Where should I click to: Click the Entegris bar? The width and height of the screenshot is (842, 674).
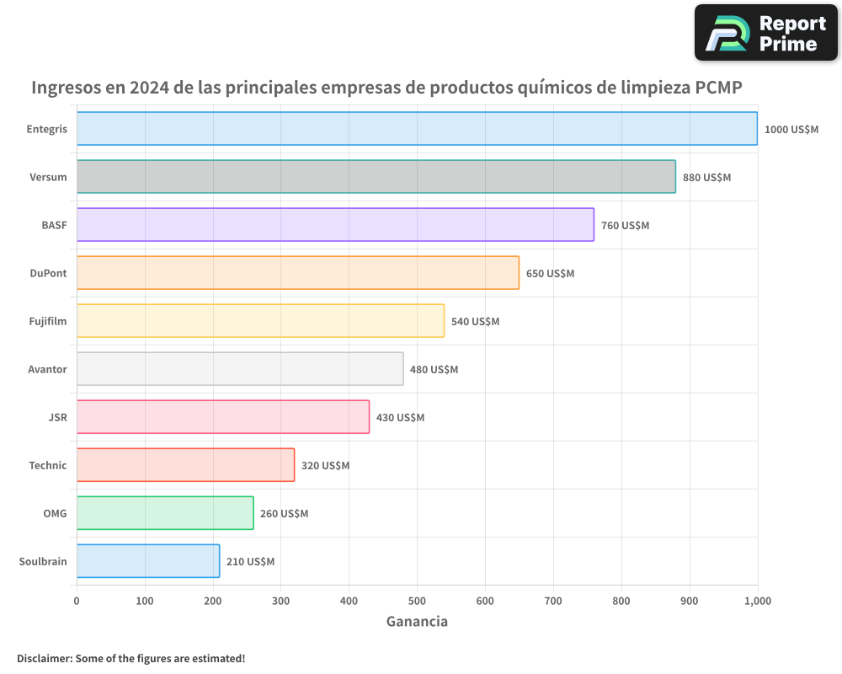pos(417,129)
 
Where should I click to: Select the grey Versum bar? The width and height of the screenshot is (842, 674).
pos(376,177)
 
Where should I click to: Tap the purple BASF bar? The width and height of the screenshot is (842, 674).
pos(335,225)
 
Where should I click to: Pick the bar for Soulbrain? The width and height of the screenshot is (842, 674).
pos(148,561)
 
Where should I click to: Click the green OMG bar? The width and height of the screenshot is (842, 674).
pos(165,513)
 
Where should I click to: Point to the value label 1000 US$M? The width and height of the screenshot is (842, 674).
pos(791,130)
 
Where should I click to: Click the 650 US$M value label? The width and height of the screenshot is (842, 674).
pos(550,274)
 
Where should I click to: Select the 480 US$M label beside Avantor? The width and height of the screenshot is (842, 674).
pos(434,370)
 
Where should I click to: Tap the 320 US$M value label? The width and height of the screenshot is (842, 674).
pos(325,466)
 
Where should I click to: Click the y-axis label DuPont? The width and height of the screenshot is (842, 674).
pos(48,273)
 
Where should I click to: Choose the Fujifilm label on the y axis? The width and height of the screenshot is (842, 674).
pos(47,321)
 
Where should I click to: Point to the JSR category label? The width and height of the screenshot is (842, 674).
pos(57,417)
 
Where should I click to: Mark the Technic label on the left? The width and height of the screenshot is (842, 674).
pos(47,465)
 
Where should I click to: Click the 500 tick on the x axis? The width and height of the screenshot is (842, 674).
pos(417,601)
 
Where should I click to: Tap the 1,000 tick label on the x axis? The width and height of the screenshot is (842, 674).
pos(757,601)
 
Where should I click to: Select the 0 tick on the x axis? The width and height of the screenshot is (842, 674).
pos(77,601)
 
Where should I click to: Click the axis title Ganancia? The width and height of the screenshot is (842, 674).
pos(417,622)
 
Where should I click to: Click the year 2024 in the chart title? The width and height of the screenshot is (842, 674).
pos(149,88)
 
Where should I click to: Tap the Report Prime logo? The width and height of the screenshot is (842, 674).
pos(766,33)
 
